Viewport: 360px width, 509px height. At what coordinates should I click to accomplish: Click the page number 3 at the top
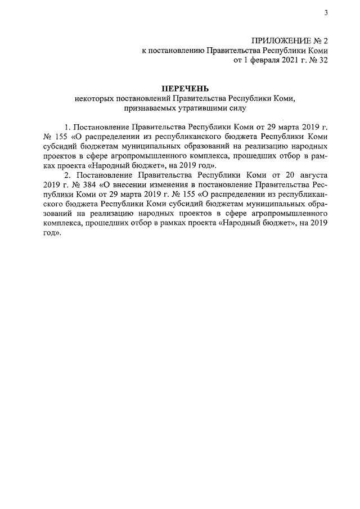[326, 13]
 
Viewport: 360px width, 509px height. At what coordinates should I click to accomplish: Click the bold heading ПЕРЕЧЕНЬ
[185, 88]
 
